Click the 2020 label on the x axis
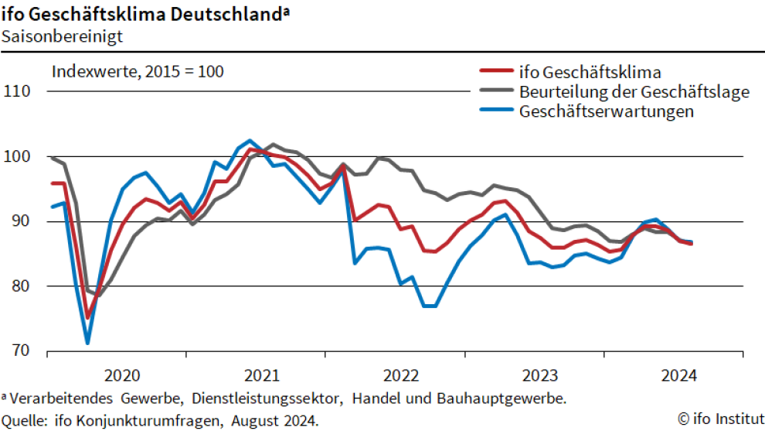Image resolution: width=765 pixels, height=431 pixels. (122, 376)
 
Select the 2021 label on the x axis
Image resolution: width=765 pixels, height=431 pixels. (261, 376)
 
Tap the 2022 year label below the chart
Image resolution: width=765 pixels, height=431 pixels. (400, 376)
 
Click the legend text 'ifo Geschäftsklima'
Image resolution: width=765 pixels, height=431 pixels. (590, 73)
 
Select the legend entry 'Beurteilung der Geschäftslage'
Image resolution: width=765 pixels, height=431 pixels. (634, 92)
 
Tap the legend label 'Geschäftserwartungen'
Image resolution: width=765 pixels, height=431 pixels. (607, 111)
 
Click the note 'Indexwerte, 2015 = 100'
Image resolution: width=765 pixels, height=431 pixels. (138, 72)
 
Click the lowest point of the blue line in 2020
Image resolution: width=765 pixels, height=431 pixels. (87, 342)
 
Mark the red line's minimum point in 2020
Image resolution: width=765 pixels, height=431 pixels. (87, 317)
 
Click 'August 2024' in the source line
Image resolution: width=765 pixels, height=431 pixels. (279, 420)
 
